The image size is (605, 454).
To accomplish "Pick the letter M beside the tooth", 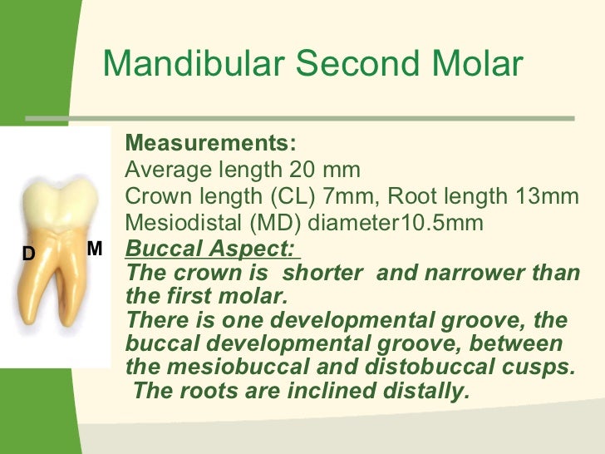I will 94,249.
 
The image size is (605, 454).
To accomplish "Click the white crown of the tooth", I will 58,200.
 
